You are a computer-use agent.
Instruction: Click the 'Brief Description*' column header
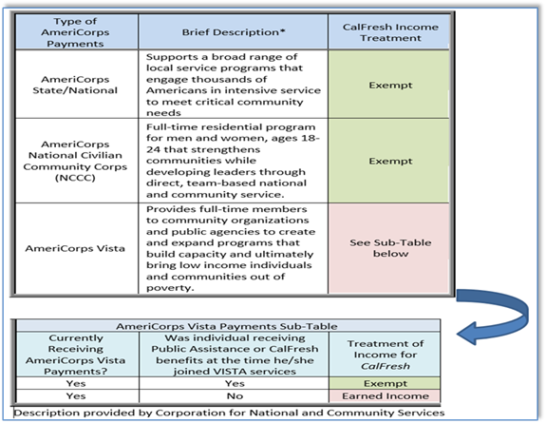pos(234,32)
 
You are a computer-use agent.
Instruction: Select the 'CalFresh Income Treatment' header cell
pos(390,32)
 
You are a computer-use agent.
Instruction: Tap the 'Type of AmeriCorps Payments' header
pos(75,32)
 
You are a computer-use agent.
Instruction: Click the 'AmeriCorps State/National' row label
pos(75,85)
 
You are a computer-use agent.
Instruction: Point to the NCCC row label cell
pos(75,161)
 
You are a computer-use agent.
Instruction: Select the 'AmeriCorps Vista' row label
pos(75,248)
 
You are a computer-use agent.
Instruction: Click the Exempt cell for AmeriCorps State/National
pos(390,85)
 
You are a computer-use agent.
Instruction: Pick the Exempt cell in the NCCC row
pos(390,161)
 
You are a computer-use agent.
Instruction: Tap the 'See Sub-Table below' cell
pos(390,248)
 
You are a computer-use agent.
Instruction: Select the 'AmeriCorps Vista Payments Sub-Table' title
pos(227,326)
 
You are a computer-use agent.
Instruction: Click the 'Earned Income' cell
pos(386,396)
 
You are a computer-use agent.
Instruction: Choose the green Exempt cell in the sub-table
pos(386,383)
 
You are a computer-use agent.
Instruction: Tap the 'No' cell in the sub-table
pos(235,396)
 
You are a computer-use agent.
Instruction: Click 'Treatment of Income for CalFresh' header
pos(386,355)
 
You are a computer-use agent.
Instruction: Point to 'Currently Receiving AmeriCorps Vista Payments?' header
pos(75,355)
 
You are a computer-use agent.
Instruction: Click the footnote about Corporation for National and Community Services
pos(229,413)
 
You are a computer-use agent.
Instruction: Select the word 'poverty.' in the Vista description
pos(170,288)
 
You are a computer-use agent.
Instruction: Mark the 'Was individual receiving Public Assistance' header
pos(235,355)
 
